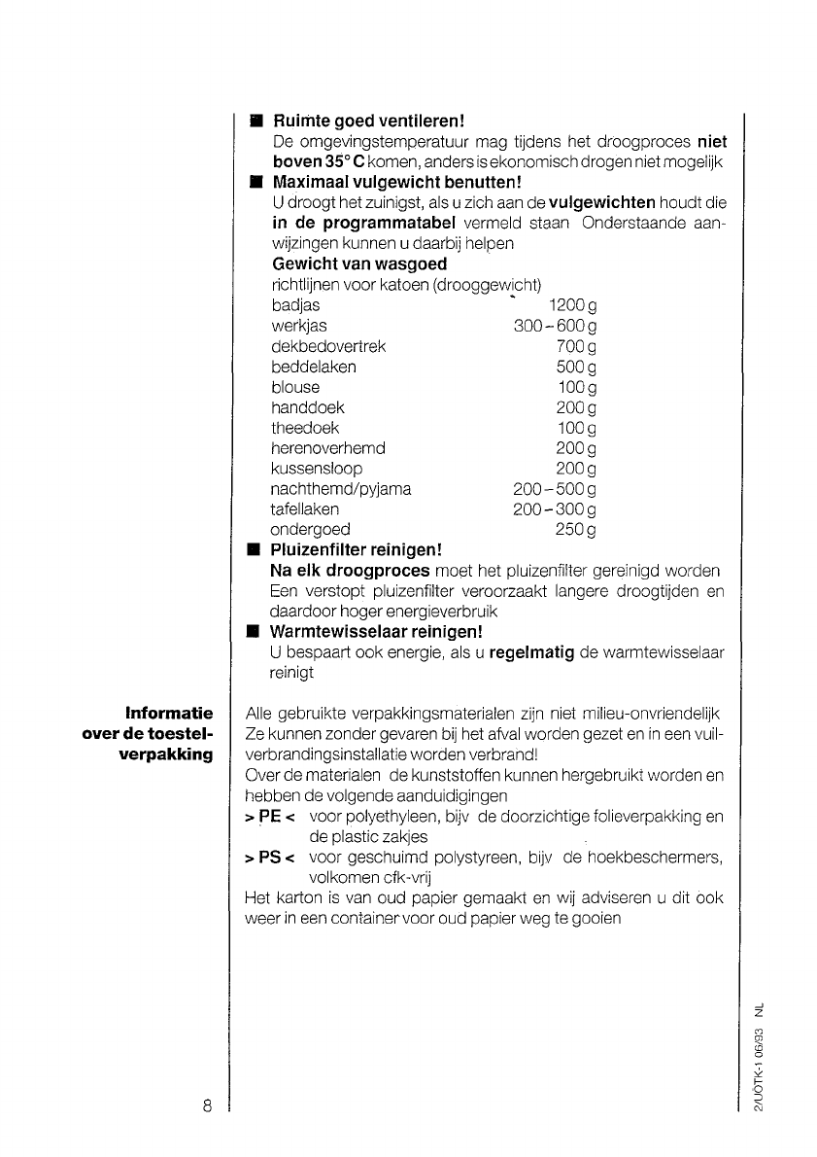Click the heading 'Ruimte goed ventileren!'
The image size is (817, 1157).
coord(369,123)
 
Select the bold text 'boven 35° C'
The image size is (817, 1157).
coord(310,160)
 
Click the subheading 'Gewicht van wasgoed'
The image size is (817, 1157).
coord(359,263)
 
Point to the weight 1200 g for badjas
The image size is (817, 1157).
coord(572,306)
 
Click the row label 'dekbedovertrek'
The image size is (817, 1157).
coord(328,346)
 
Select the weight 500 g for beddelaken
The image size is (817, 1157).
coord(576,367)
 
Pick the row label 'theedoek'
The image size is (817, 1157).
coord(305,428)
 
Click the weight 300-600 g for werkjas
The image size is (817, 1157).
coord(555,327)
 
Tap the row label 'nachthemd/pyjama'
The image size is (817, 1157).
coord(341,489)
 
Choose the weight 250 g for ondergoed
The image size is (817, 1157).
coord(575,530)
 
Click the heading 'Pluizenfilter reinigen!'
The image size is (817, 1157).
coord(356,550)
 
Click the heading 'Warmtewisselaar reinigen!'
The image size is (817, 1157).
coord(377,633)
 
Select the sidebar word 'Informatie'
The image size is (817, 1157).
coord(170,715)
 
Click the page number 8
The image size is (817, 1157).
coord(207,1106)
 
